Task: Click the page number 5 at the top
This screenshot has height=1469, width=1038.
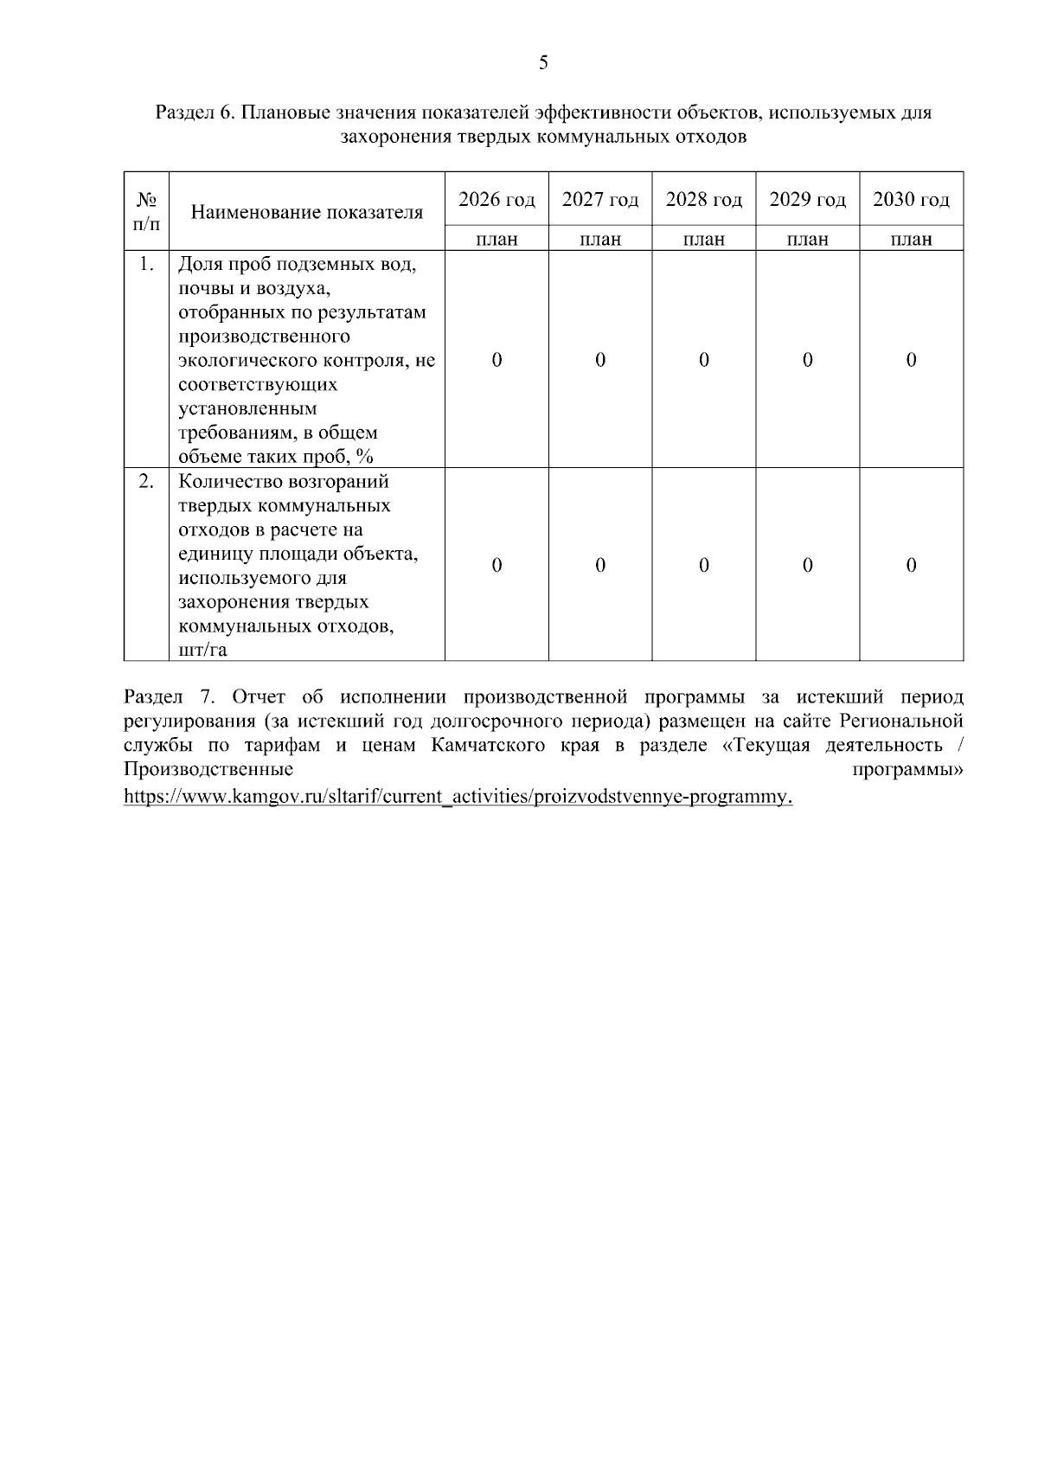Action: click(543, 62)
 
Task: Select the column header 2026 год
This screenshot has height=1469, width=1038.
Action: click(497, 200)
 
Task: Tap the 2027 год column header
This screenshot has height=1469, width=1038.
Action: click(600, 200)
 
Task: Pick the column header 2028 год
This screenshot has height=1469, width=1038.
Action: click(704, 200)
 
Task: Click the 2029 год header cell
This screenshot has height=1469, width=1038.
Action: click(808, 200)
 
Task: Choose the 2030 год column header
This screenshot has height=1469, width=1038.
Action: click(911, 200)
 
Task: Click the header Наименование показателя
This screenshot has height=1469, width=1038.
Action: click(307, 212)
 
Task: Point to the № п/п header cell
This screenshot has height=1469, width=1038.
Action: click(146, 211)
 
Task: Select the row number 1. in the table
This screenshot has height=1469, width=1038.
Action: click(146, 265)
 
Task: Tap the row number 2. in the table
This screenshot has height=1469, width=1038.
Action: click(146, 482)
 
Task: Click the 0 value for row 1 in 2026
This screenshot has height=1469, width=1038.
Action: click(497, 360)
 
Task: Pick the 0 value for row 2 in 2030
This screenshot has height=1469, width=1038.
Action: click(911, 565)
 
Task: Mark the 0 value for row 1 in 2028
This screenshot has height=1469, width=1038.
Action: click(704, 360)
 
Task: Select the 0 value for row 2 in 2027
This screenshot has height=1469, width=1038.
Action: click(600, 565)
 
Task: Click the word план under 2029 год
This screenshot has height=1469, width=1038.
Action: click(808, 240)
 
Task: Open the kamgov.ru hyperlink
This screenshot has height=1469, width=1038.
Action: click(458, 796)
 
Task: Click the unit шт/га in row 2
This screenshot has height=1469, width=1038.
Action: click(202, 650)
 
